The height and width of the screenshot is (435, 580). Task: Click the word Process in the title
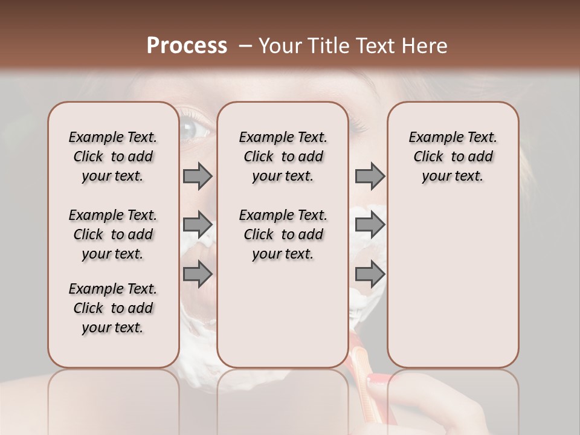click(187, 46)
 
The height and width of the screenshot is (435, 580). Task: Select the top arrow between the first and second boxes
click(198, 176)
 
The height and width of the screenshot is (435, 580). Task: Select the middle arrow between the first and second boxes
click(198, 225)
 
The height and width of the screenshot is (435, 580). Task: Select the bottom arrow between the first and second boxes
click(198, 274)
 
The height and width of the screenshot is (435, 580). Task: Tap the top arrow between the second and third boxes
click(370, 176)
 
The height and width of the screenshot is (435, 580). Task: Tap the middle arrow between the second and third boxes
click(370, 225)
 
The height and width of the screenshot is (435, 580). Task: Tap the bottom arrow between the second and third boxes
click(370, 274)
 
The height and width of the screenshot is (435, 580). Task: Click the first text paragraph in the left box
click(113, 156)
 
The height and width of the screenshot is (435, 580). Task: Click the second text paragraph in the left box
click(113, 234)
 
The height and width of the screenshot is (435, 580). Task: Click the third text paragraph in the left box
click(113, 308)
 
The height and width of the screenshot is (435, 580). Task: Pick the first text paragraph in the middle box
click(283, 156)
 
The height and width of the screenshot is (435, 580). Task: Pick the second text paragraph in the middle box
click(283, 234)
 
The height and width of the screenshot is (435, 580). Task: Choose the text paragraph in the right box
click(453, 156)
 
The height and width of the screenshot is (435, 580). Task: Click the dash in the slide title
click(245, 46)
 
